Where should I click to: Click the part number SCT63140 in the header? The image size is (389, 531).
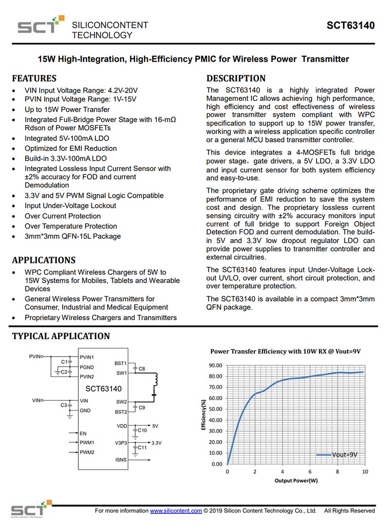(x=351, y=26)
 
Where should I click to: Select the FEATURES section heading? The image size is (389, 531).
(x=34, y=78)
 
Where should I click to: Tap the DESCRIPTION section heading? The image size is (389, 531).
(x=236, y=78)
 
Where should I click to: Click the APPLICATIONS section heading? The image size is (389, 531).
(x=44, y=260)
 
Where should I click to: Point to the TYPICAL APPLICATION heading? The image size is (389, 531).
(x=61, y=336)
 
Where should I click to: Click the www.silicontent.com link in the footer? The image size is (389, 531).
(x=176, y=511)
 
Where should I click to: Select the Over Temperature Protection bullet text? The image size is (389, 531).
(x=71, y=226)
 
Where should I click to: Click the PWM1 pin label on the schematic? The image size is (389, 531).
(x=88, y=443)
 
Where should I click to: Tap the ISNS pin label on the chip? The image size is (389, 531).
(x=121, y=460)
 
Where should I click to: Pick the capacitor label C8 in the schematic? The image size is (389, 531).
(x=142, y=369)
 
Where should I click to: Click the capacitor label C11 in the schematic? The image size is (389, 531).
(x=142, y=447)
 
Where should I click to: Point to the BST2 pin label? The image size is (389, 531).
(x=121, y=412)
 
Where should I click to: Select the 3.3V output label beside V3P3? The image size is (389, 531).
(x=157, y=443)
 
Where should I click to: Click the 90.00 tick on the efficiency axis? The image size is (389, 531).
(x=215, y=365)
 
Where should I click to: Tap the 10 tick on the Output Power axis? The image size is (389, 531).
(x=365, y=472)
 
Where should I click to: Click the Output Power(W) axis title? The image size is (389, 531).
(x=296, y=481)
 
